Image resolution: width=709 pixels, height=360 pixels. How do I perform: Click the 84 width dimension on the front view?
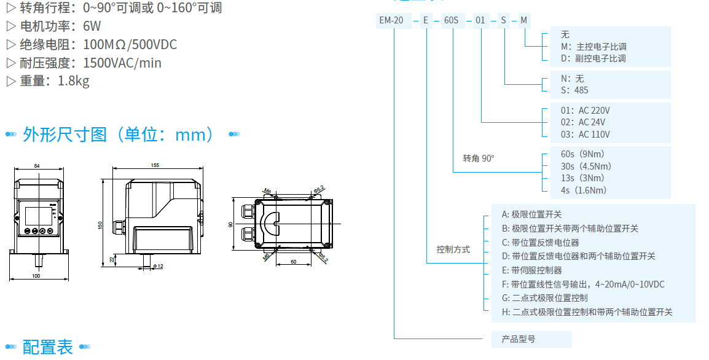[x=37, y=166]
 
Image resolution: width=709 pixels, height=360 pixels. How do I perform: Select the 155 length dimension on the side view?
[x=154, y=165]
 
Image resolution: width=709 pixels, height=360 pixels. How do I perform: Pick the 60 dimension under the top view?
[x=293, y=262]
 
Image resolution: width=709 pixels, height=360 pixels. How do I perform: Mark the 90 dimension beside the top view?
[x=231, y=224]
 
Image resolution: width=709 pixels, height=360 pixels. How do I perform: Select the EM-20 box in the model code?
[x=391, y=20]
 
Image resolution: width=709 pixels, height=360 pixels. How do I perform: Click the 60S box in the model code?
[x=451, y=20]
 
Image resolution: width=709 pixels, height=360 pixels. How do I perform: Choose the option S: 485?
[x=574, y=90]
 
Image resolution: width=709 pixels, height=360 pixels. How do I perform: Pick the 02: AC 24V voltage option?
[x=585, y=122]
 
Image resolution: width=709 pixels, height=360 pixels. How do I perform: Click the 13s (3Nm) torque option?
[x=586, y=178]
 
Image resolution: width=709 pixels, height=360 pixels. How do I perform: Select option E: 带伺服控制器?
[x=532, y=270]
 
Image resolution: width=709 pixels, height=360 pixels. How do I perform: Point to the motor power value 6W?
[x=92, y=26]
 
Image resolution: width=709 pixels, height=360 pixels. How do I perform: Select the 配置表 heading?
[x=48, y=347]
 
